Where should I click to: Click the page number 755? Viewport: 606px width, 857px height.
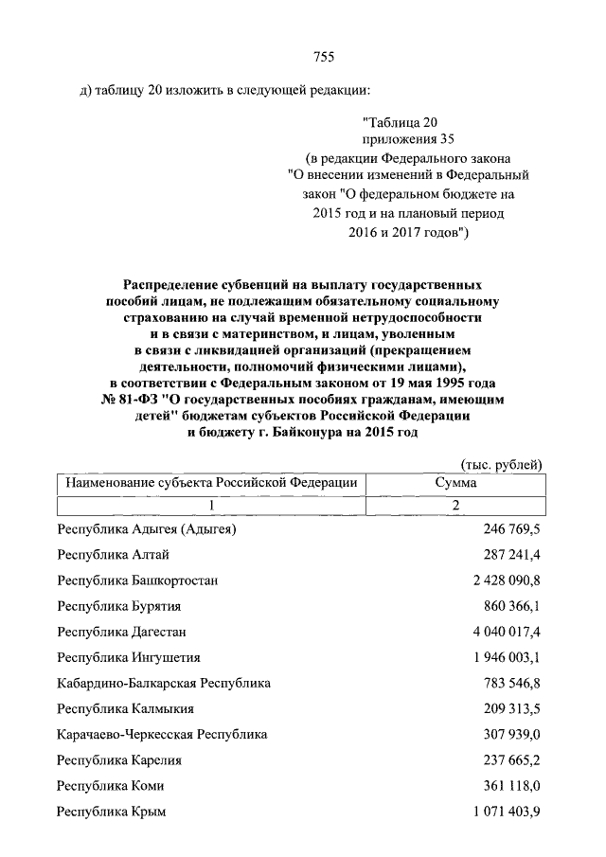pos(324,57)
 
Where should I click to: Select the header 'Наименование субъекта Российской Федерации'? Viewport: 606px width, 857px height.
pos(210,483)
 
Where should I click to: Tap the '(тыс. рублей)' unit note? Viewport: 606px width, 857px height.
pos(501,464)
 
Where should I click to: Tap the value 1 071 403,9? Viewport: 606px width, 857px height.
pos(503,812)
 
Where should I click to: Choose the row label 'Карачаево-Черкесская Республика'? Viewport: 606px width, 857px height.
pos(162,734)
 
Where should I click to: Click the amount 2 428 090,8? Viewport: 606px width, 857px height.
pos(503,580)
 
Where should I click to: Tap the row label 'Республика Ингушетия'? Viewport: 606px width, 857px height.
pos(129,657)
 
